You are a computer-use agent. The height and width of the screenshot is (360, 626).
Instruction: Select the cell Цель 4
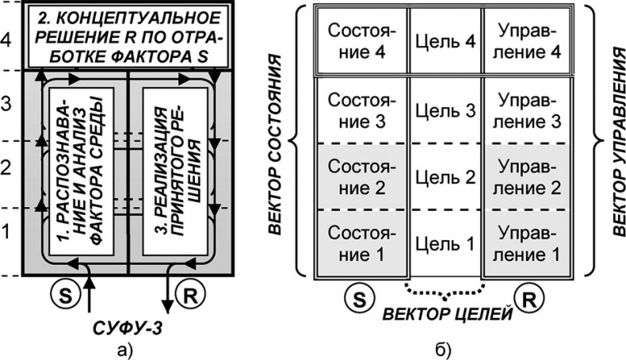click(x=445, y=41)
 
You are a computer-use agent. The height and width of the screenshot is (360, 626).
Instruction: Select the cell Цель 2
click(x=445, y=177)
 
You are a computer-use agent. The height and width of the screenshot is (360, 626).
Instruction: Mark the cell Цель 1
click(x=445, y=243)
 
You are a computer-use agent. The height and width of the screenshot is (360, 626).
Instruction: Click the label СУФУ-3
click(x=130, y=325)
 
